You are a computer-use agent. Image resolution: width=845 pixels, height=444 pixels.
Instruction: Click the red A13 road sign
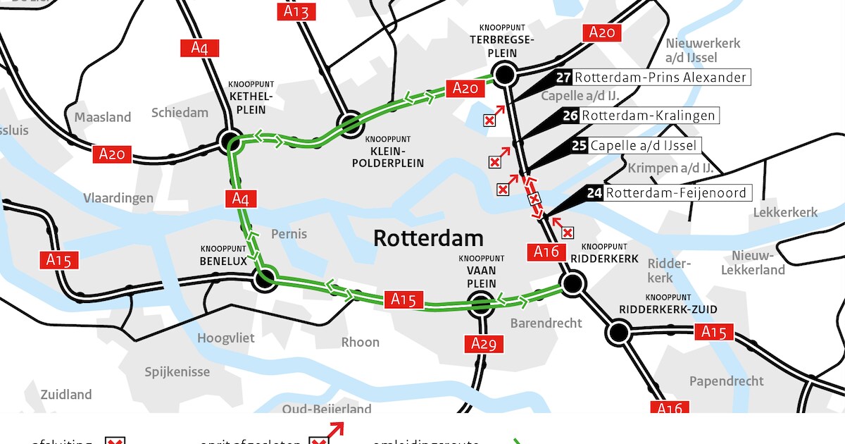(x=296, y=11)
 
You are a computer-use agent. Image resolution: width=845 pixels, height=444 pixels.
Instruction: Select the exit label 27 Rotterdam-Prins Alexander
(x=653, y=78)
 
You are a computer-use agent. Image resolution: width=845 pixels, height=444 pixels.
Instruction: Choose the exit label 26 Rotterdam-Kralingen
(x=639, y=116)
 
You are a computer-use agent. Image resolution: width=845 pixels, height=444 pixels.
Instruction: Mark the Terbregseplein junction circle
(x=504, y=73)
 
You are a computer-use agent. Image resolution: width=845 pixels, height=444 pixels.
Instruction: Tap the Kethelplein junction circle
(x=230, y=141)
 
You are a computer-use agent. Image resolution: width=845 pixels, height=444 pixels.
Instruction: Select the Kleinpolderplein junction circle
(x=350, y=124)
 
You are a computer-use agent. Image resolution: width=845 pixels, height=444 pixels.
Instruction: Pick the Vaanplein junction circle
(x=481, y=304)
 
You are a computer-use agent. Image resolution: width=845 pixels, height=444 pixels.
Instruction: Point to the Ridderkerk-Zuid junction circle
(x=619, y=332)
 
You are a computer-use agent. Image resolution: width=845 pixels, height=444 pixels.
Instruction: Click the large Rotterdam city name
(x=428, y=238)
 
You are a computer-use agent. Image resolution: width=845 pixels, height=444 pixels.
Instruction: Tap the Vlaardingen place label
(x=118, y=198)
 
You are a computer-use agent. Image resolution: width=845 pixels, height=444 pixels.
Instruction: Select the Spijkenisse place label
(x=177, y=371)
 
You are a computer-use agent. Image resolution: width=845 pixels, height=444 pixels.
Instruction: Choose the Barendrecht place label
(x=546, y=323)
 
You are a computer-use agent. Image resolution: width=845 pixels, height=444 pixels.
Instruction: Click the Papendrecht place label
(x=727, y=381)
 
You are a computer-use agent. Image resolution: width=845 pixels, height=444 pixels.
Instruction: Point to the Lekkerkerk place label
(x=785, y=212)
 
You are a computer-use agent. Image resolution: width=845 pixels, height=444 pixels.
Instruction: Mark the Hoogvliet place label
(x=226, y=338)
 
